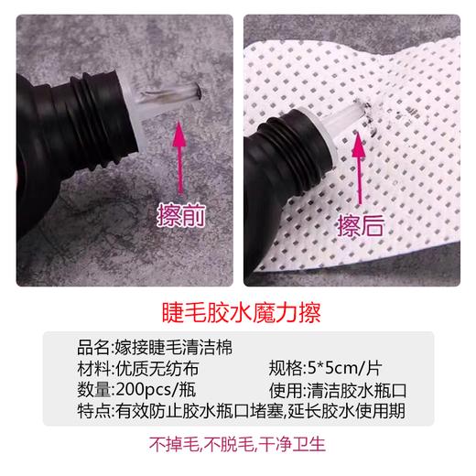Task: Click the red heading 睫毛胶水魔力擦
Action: click(x=237, y=307)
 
